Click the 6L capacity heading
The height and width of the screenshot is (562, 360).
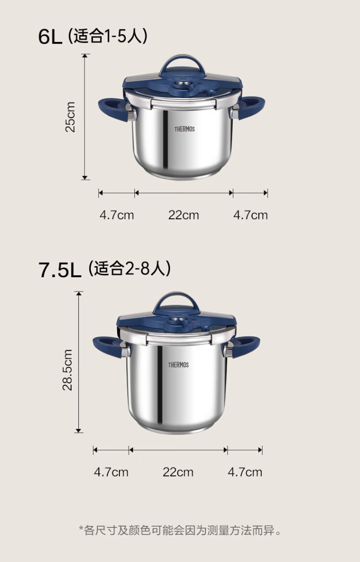pyautogui.click(x=50, y=37)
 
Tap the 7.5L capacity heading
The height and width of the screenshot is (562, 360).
pyautogui.click(x=60, y=270)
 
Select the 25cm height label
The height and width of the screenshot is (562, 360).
pyautogui.click(x=70, y=117)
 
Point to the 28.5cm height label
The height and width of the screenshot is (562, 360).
pyautogui.click(x=67, y=370)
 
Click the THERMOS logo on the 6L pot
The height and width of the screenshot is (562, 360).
pyautogui.click(x=184, y=129)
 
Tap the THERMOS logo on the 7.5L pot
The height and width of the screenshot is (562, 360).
pyautogui.click(x=179, y=365)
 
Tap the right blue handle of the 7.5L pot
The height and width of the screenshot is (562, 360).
pyautogui.click(x=245, y=346)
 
